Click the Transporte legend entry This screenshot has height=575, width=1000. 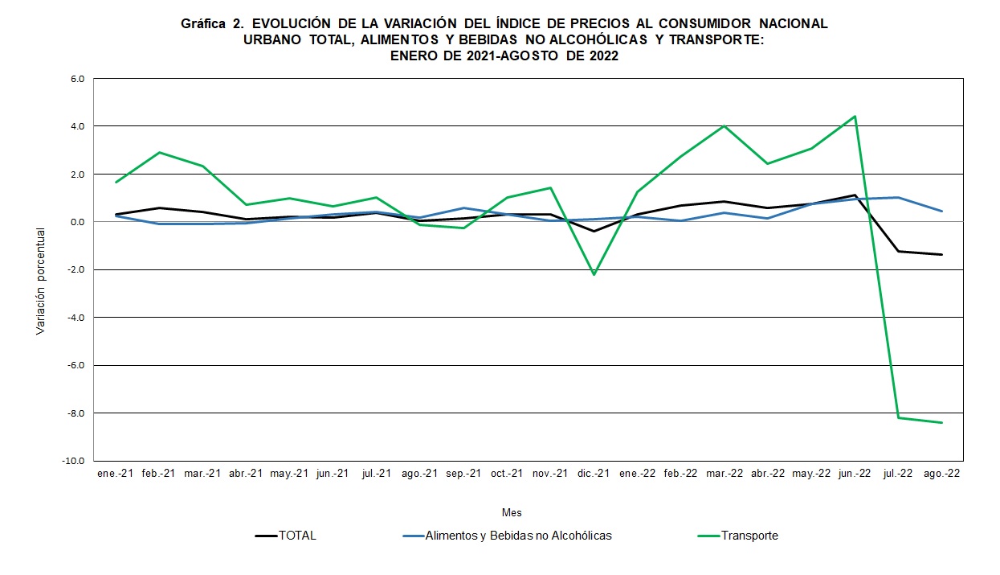pyautogui.click(x=749, y=536)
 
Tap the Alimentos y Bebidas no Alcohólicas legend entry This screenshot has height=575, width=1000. pyautogui.click(x=518, y=536)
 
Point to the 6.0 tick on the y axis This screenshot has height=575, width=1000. pyautogui.click(x=77, y=79)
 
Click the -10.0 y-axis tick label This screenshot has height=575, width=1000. pyautogui.click(x=75, y=461)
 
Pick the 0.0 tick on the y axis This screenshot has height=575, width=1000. pyautogui.click(x=77, y=222)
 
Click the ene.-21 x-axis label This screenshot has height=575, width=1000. pyautogui.click(x=115, y=474)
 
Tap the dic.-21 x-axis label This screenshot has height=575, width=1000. pyautogui.click(x=594, y=474)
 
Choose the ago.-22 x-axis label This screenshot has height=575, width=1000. pyautogui.click(x=941, y=474)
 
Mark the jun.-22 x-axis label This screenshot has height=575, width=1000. pyautogui.click(x=854, y=474)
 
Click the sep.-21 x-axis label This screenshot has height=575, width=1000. pyautogui.click(x=463, y=474)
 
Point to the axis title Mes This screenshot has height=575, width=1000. pyautogui.click(x=512, y=512)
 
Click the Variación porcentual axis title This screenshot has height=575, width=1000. pyautogui.click(x=41, y=281)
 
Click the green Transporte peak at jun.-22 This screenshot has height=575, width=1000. pyautogui.click(x=855, y=117)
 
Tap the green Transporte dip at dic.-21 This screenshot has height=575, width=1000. pyautogui.click(x=594, y=275)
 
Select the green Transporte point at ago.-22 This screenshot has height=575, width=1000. pyautogui.click(x=941, y=423)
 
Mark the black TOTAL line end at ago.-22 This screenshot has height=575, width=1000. pyautogui.click(x=941, y=255)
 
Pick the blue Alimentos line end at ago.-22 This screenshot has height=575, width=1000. pyautogui.click(x=941, y=212)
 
